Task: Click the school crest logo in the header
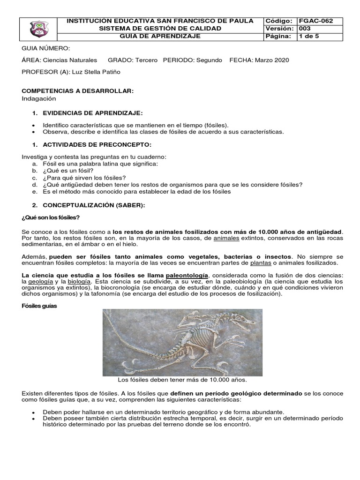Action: pyautogui.click(x=38, y=29)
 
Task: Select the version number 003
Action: pyautogui.click(x=306, y=29)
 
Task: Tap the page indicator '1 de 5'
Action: pyautogui.click(x=309, y=36)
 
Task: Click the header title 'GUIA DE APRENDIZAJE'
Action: pyautogui.click(x=160, y=36)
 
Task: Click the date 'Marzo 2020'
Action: pyautogui.click(x=272, y=60)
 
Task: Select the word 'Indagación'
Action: pyautogui.click(x=39, y=98)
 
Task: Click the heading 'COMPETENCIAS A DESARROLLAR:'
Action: pyautogui.click(x=78, y=91)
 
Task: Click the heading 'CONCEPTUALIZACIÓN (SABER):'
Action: pyautogui.click(x=94, y=205)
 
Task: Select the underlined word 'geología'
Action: pyautogui.click(x=40, y=281)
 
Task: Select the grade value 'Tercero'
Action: pyautogui.click(x=146, y=60)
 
